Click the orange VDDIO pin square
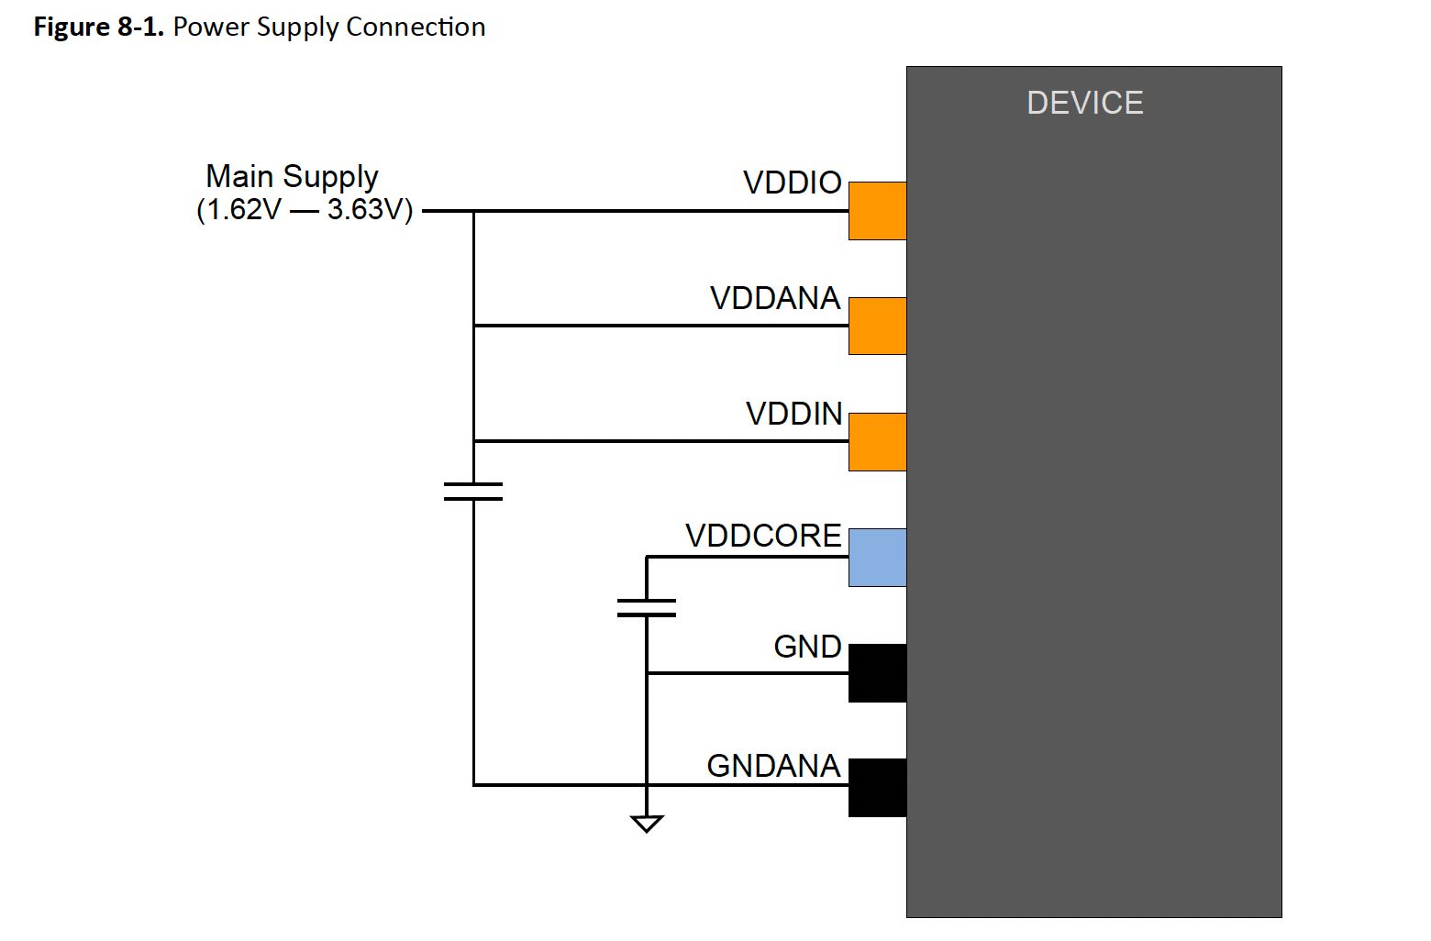[877, 211]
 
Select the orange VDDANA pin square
[877, 326]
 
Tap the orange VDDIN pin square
[877, 441]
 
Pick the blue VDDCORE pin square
[877, 557]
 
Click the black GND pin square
[877, 672]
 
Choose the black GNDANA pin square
[877, 787]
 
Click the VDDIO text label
[792, 183]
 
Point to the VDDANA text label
[775, 298]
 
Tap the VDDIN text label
[793, 414]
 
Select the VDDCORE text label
[763, 536]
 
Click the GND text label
[807, 647]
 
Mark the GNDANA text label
[773, 766]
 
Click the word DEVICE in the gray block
[1084, 103]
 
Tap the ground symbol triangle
[647, 824]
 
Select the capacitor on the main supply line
[473, 492]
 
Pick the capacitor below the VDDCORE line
[647, 607]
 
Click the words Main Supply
[292, 176]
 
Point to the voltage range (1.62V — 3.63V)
[305, 210]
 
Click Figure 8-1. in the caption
[99, 27]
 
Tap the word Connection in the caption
[416, 27]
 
